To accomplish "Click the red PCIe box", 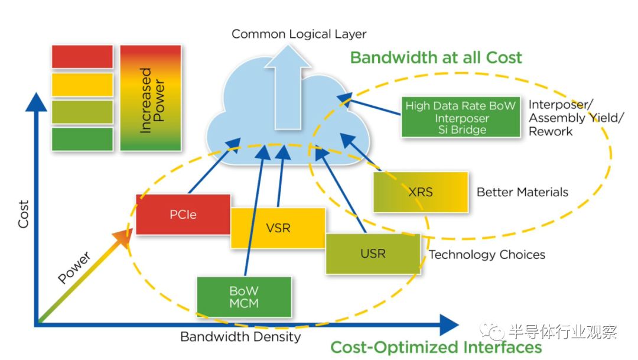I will (x=183, y=214).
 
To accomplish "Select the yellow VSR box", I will (x=278, y=228).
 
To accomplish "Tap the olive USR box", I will (x=373, y=254).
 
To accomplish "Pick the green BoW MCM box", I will (x=244, y=297).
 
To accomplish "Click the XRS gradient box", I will (x=421, y=192).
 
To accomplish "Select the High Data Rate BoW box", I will (x=460, y=117).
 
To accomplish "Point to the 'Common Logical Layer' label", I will (x=299, y=34).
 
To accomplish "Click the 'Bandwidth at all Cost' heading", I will (x=436, y=57).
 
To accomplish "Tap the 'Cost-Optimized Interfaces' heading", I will (x=436, y=347).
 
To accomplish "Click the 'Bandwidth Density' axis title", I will (x=240, y=337).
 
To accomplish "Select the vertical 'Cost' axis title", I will (x=23, y=215).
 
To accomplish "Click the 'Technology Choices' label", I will (x=487, y=255).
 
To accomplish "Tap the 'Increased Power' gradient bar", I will (x=151, y=98).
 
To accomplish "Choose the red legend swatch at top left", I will (x=82, y=57).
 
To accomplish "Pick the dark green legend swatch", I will (x=82, y=139).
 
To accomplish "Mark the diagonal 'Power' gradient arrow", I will (x=83, y=275).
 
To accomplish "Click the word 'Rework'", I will (x=550, y=131).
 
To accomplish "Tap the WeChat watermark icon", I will (x=491, y=332).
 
